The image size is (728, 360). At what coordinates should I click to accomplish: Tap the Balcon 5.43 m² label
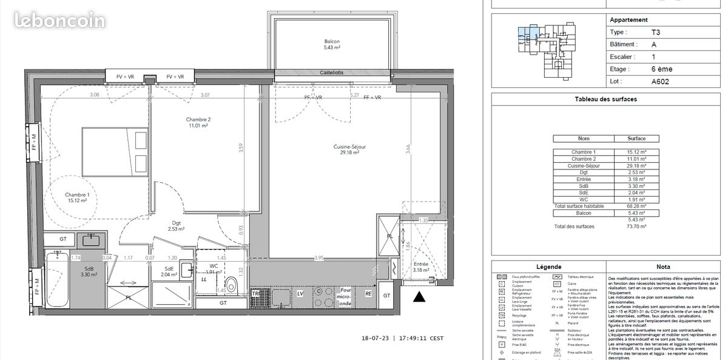tap(332, 44)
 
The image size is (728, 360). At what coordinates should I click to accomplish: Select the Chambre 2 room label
tap(198, 123)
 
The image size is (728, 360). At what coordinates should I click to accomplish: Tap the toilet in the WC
tap(231, 285)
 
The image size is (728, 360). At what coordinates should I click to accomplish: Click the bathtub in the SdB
tap(58, 280)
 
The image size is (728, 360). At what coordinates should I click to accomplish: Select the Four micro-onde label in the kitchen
tap(345, 297)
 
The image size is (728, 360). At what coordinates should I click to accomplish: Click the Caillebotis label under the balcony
tap(331, 73)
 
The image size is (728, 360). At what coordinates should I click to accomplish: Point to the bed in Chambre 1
tap(115, 152)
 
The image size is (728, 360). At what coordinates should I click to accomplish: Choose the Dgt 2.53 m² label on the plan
tap(176, 226)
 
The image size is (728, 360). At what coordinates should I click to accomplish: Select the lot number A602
tap(660, 81)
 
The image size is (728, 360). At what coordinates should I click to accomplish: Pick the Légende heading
tap(548, 267)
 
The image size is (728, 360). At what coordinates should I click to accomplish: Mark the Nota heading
tap(663, 267)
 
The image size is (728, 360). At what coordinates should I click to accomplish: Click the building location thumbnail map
tap(548, 50)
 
